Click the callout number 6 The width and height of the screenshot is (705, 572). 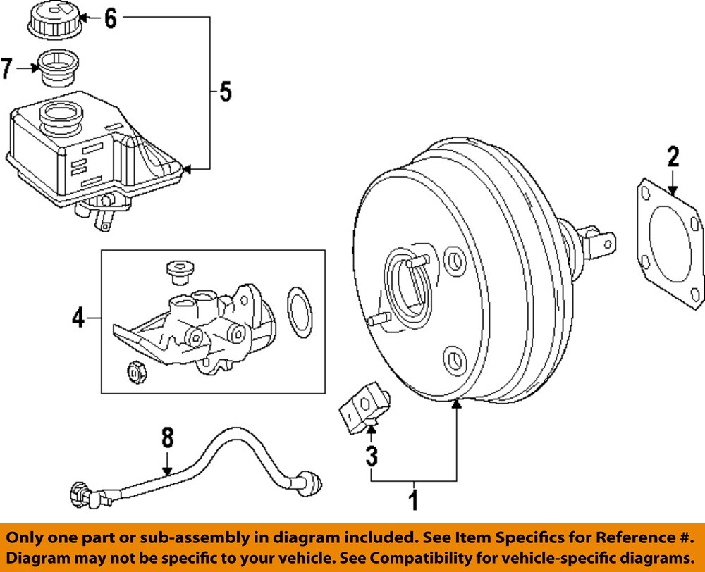111,19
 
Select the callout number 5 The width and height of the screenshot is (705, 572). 224,92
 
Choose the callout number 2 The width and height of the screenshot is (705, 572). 673,156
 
